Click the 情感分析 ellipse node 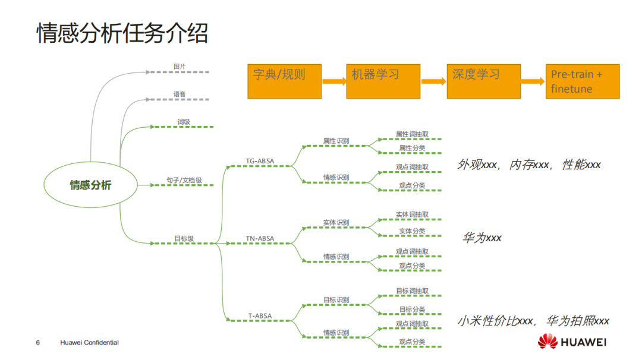click(x=90, y=185)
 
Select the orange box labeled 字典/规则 click(x=284, y=81)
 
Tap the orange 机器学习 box click(x=383, y=81)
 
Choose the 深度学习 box click(x=483, y=81)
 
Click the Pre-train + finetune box click(x=583, y=81)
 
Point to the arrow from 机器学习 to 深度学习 click(x=433, y=82)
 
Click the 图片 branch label click(x=180, y=67)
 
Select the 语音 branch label click(x=180, y=94)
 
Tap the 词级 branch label click(x=184, y=122)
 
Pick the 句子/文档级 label click(x=184, y=180)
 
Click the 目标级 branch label click(x=184, y=239)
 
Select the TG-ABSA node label click(x=260, y=160)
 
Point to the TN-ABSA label click(x=260, y=239)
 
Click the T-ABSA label click(x=260, y=316)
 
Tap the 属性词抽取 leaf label click(x=412, y=135)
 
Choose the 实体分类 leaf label click(x=412, y=231)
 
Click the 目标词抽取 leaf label click(x=412, y=292)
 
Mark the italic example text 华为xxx click(x=482, y=238)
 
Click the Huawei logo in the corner click(x=572, y=342)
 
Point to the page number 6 click(x=38, y=343)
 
